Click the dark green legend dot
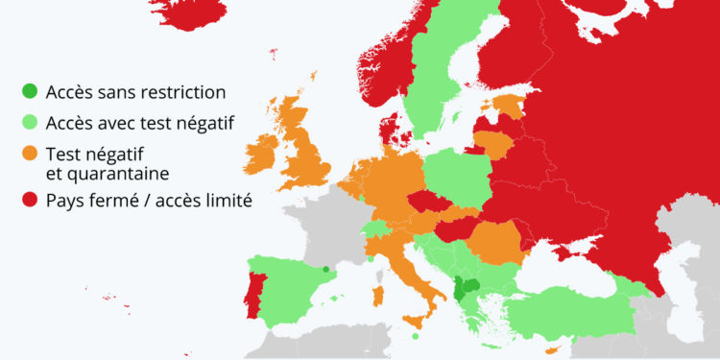(31, 93)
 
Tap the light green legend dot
(31, 122)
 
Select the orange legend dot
(31, 153)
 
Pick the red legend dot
(31, 202)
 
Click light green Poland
(455, 178)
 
